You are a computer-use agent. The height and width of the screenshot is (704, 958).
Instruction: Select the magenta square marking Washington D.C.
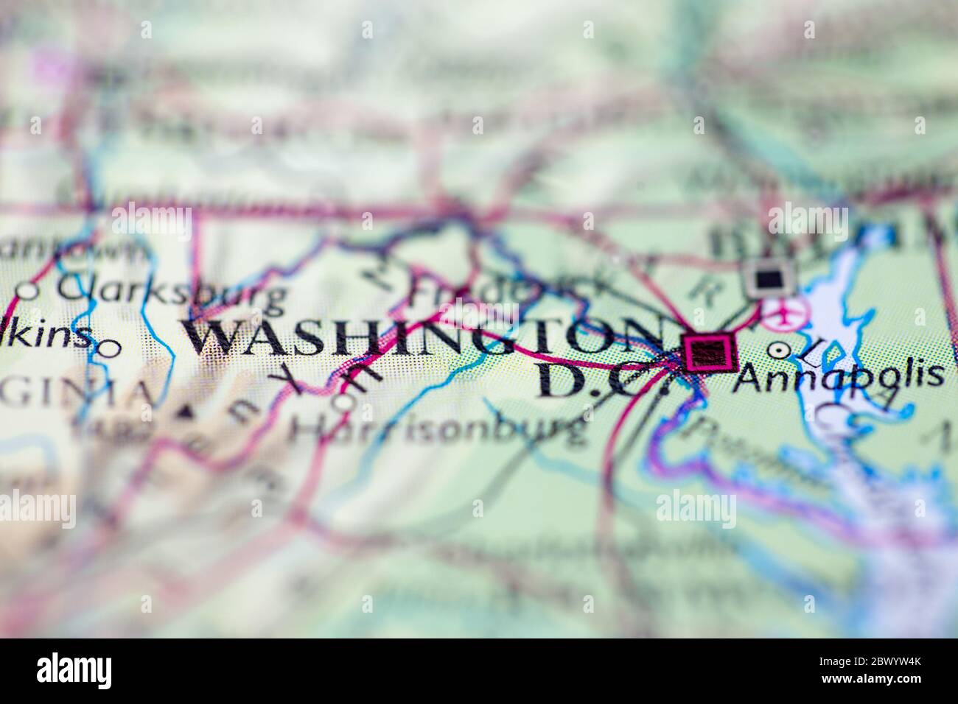coord(710,352)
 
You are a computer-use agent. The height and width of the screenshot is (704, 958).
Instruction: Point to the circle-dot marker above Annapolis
coord(777,350)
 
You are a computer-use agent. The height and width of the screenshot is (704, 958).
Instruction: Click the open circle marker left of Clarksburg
coord(27,292)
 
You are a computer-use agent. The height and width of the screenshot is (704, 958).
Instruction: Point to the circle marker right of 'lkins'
coord(108,348)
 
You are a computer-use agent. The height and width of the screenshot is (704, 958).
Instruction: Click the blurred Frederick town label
coord(479,292)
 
